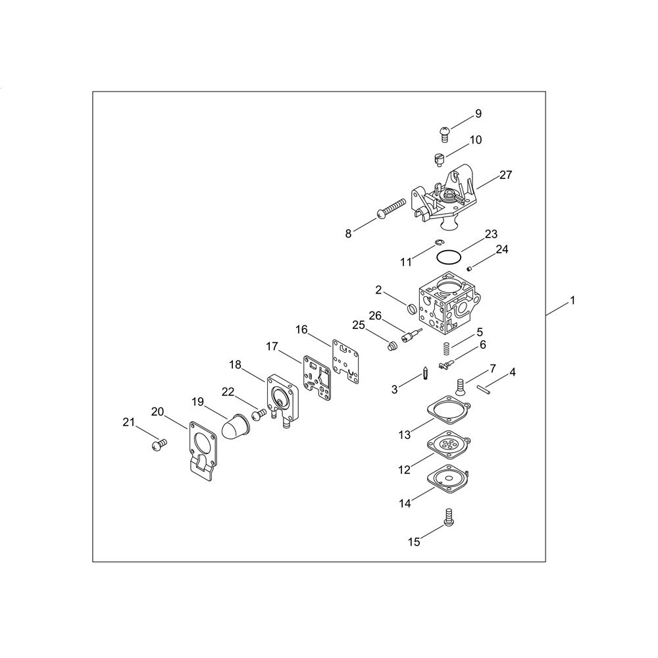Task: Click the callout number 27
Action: [x=505, y=174]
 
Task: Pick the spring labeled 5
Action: [x=447, y=348]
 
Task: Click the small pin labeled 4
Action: [x=483, y=389]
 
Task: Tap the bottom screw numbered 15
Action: [x=449, y=516]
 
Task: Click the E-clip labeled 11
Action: [x=440, y=242]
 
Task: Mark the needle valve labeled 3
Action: [x=426, y=373]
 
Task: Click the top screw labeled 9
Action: [x=445, y=134]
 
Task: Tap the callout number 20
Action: [x=157, y=412]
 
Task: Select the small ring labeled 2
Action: [x=412, y=309]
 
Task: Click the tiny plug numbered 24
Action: [x=470, y=268]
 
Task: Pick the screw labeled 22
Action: [x=259, y=414]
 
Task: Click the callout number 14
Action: [x=405, y=503]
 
